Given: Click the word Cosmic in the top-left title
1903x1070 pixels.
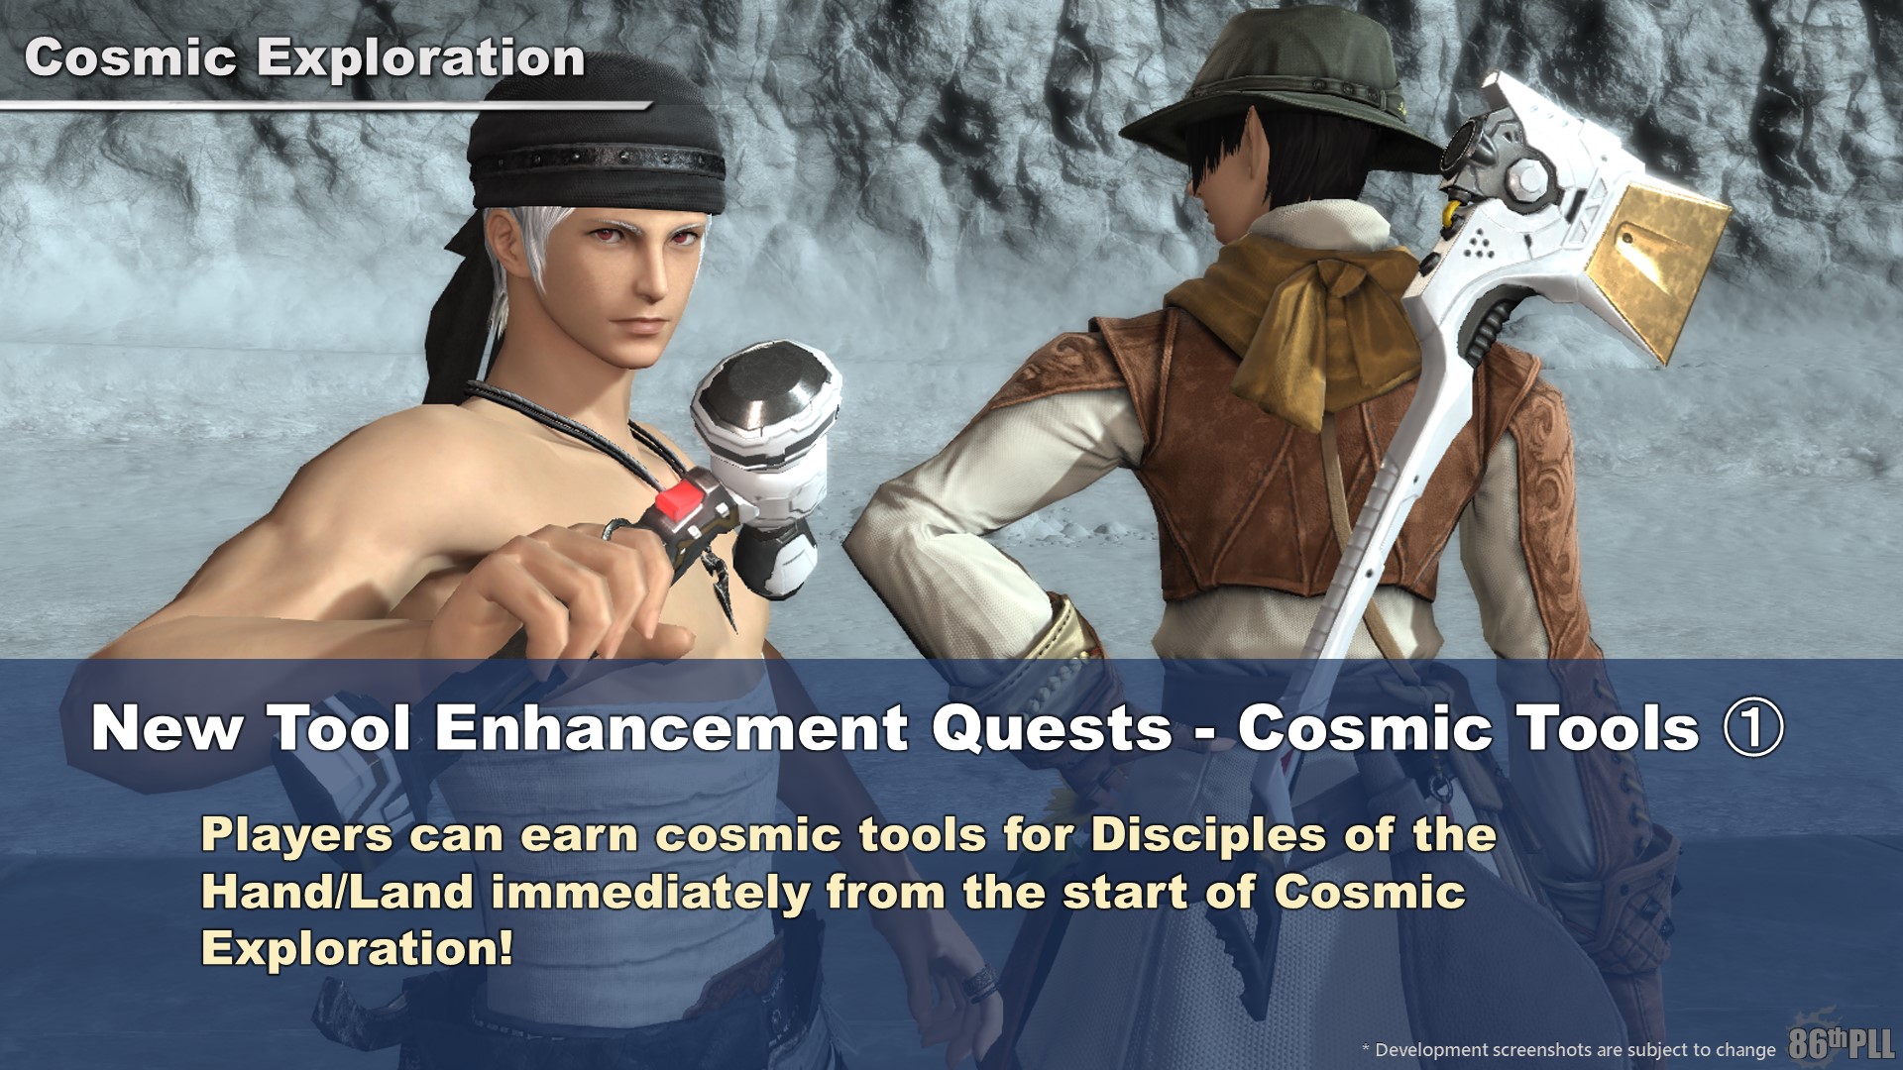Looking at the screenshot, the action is tap(131, 58).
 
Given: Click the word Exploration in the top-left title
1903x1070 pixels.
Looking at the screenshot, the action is tap(421, 60).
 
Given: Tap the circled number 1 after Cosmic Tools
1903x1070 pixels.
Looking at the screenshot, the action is tap(1754, 728).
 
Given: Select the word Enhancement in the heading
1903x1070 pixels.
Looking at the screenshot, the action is tap(670, 728).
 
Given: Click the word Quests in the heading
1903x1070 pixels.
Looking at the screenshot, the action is tap(1053, 730).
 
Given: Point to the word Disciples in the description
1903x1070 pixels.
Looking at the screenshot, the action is tap(1208, 836).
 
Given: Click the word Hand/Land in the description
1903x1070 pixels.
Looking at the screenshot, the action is tap(337, 893).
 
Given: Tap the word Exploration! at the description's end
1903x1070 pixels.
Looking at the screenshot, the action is tap(358, 949).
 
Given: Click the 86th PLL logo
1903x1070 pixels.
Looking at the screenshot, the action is tap(1842, 1042).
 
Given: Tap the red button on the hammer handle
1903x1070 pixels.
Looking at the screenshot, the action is tap(684, 492).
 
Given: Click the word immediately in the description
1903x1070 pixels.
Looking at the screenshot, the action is tap(650, 893).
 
